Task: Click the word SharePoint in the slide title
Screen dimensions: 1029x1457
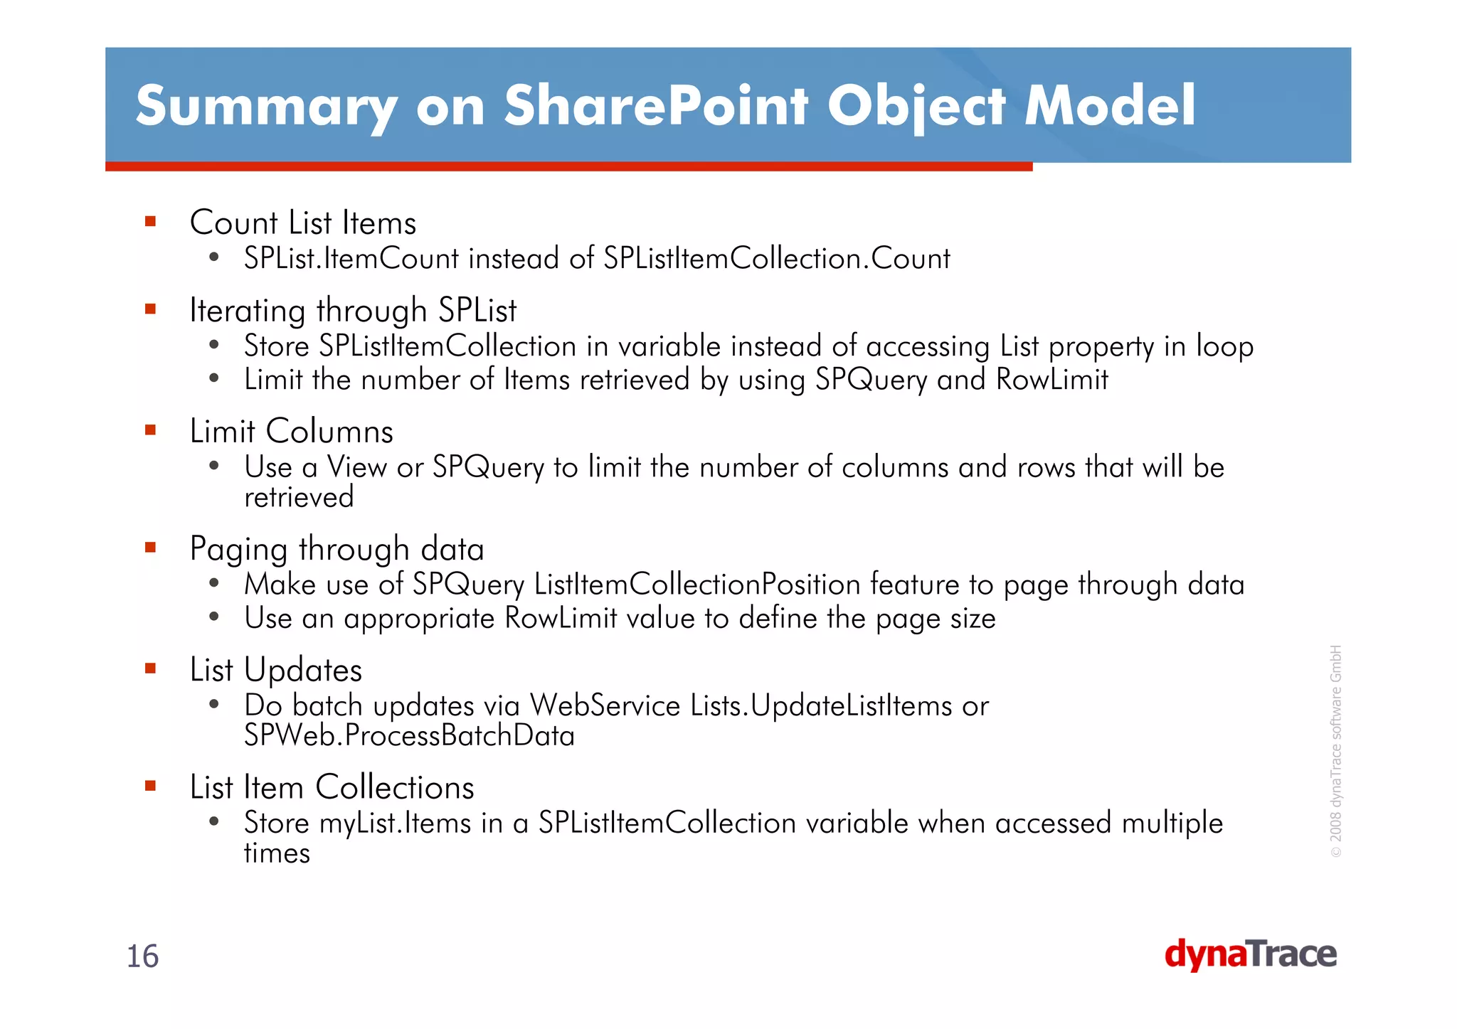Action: (656, 107)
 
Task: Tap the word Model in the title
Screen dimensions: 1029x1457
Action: (1110, 107)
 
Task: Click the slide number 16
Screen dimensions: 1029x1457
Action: (142, 956)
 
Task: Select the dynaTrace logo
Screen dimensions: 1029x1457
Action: (1250, 954)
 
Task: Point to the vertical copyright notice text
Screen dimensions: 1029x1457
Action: (1336, 751)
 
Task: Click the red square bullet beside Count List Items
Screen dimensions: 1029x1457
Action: (150, 222)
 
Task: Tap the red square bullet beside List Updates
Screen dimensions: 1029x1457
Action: (150, 668)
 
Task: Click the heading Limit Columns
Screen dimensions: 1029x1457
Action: (291, 432)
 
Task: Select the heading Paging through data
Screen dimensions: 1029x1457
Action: (337, 549)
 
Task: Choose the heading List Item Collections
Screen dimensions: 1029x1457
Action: (332, 787)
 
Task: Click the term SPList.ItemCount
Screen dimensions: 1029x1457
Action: (351, 258)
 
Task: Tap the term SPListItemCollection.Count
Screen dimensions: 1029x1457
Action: (776, 258)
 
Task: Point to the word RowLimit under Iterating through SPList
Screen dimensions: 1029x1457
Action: (1051, 380)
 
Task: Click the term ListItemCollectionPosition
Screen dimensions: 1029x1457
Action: (697, 585)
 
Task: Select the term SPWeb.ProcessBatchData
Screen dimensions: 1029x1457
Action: (409, 735)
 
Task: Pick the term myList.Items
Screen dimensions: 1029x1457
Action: (395, 823)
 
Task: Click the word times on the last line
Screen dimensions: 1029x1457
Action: (277, 853)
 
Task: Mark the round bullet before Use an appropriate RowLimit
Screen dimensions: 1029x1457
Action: (214, 617)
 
